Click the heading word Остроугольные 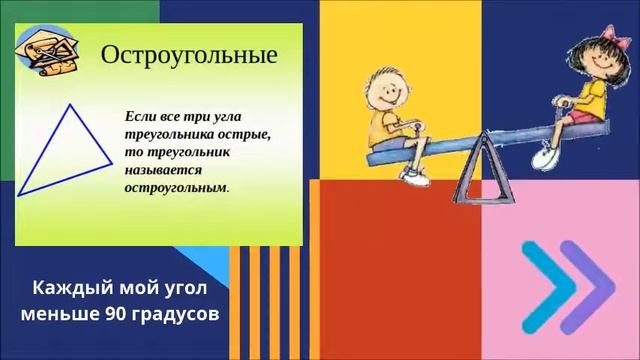click(189, 54)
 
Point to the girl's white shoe click(546, 153)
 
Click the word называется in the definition click(162, 169)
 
